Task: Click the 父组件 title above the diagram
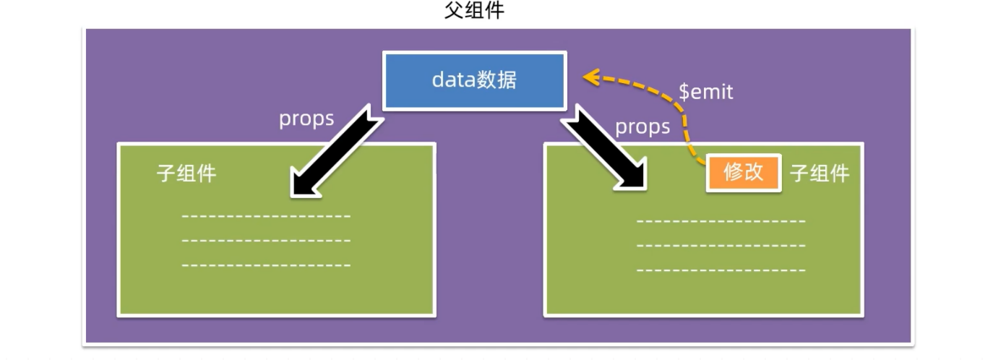point(474,11)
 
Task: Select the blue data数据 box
point(474,80)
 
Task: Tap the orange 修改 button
point(743,173)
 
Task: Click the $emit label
point(705,92)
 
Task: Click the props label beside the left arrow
point(306,119)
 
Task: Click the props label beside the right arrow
point(642,127)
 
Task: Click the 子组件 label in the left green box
point(186,173)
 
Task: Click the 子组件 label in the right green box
point(820,173)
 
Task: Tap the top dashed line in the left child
point(266,216)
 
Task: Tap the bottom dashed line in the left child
point(266,265)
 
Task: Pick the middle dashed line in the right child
point(721,246)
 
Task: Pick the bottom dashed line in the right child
point(721,270)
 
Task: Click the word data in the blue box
point(453,80)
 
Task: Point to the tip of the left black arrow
point(295,193)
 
